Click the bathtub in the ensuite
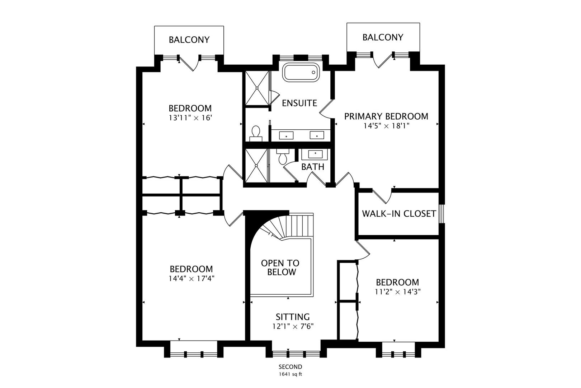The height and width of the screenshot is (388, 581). tap(300, 73)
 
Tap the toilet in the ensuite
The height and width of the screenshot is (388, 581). tap(256, 132)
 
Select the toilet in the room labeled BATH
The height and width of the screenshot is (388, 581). tap(283, 157)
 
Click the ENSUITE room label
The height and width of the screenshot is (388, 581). tap(299, 103)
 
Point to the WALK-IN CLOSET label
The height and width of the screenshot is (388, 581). tap(399, 214)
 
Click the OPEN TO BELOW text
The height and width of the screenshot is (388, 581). tap(280, 268)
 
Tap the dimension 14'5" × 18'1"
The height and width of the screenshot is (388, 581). tap(386, 126)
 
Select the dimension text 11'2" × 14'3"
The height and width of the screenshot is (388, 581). tap(397, 292)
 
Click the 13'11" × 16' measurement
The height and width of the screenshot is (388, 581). tap(190, 117)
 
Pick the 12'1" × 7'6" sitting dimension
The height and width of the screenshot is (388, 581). tap(293, 326)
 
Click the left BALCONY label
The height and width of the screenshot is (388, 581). tap(189, 40)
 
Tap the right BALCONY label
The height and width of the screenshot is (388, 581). tap(383, 37)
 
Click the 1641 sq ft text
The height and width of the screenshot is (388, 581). tap(290, 374)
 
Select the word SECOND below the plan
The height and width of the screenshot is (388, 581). tap(290, 367)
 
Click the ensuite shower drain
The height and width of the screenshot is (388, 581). tap(257, 88)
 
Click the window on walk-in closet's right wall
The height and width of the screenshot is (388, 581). tap(443, 214)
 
